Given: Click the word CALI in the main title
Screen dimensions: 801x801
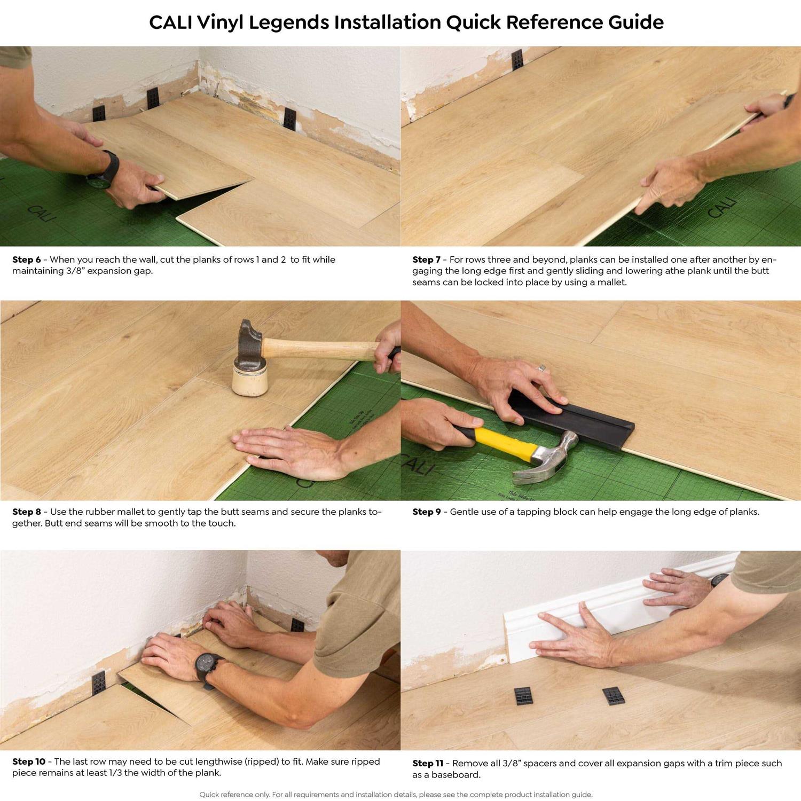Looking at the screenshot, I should click(170, 22).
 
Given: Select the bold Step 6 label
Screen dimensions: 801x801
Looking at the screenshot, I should click(26, 260).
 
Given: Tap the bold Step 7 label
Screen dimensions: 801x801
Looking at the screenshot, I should click(426, 260).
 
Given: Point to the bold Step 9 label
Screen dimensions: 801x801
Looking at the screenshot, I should click(426, 512).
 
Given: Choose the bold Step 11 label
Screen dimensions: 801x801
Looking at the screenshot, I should click(427, 763).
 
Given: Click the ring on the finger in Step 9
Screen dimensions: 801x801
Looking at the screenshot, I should click(541, 368).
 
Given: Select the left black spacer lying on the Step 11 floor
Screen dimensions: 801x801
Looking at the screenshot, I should click(523, 696).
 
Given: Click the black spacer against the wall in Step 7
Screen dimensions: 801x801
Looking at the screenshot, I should click(516, 60).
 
